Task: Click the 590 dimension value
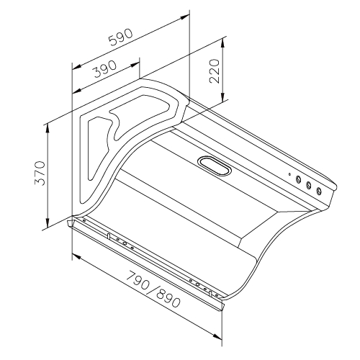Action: click(120, 37)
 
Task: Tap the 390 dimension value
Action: click(105, 68)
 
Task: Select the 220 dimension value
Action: click(215, 71)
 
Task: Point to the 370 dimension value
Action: click(40, 173)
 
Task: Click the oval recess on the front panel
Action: click(215, 166)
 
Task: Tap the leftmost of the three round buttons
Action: click(298, 179)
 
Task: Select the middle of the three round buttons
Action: click(308, 185)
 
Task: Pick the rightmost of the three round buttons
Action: click(319, 191)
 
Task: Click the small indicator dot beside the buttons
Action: click(289, 174)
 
